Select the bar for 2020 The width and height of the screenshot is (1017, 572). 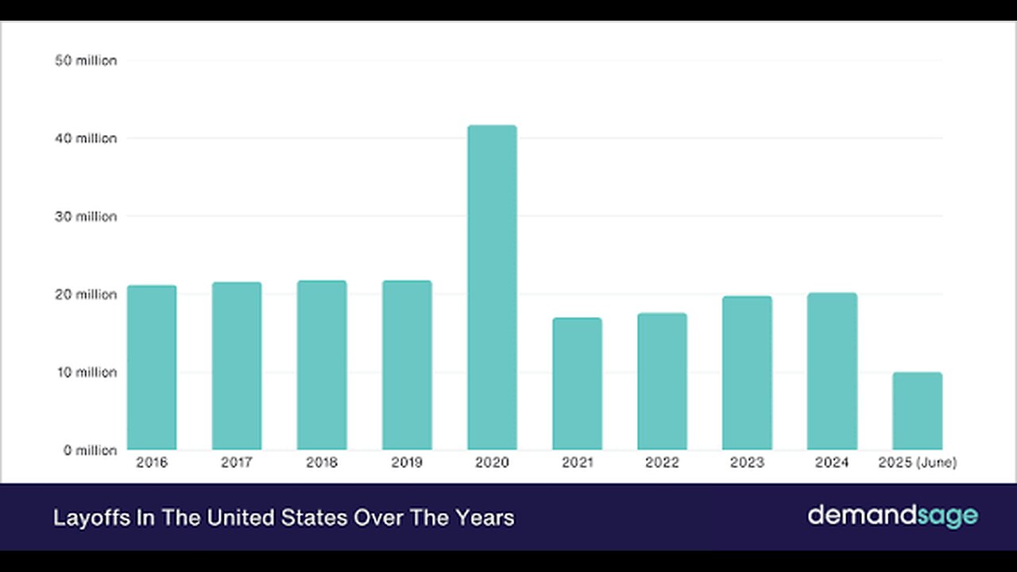[x=492, y=288]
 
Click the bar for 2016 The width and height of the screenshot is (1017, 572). [x=152, y=368]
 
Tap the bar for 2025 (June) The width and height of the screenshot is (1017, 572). [x=917, y=411]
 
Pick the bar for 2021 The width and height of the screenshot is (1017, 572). [x=577, y=384]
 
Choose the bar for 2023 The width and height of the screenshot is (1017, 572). [x=747, y=373]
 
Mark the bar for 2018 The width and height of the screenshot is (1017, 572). [x=322, y=365]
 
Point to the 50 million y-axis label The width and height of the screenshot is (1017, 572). [x=86, y=60]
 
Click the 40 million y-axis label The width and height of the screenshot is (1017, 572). [x=86, y=138]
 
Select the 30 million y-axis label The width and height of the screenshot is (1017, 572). [x=86, y=216]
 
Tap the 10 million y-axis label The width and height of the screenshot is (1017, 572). [x=86, y=372]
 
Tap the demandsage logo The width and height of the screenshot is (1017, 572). [x=892, y=516]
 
